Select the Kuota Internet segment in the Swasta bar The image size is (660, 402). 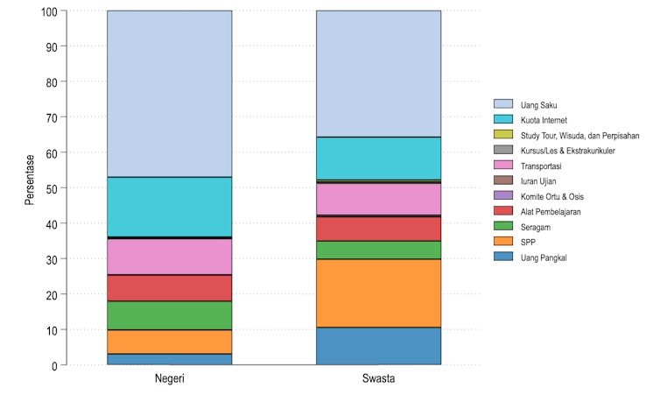tap(378, 159)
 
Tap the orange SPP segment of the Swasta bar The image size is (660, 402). tap(378, 293)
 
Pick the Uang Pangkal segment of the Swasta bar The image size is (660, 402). tap(378, 346)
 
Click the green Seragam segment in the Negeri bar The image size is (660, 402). tap(169, 315)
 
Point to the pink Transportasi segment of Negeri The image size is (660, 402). tap(169, 257)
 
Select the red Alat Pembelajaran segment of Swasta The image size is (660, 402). tap(378, 229)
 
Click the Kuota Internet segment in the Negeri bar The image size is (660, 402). tap(169, 207)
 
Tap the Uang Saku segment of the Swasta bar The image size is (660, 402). tap(378, 74)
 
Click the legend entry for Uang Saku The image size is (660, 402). tap(538, 105)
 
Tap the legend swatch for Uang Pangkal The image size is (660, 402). tap(502, 257)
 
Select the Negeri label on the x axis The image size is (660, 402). tap(169, 380)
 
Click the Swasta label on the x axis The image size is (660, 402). tap(378, 380)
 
